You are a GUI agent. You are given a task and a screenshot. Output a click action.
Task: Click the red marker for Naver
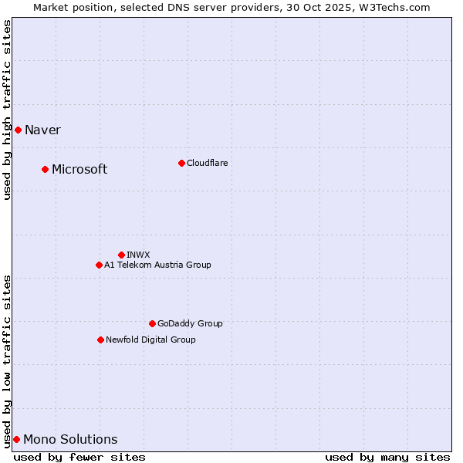[18, 130]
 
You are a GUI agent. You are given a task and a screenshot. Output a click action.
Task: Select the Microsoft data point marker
[45, 169]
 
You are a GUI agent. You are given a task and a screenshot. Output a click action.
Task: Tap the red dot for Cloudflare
[181, 163]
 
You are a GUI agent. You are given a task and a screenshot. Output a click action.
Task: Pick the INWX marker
[121, 255]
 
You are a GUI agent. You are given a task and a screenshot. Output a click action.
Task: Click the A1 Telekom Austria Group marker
[99, 265]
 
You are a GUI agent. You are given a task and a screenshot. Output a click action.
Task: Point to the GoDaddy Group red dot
[152, 323]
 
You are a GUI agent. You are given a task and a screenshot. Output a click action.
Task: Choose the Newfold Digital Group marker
[100, 340]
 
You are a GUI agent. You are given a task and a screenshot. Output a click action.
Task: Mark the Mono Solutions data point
[16, 439]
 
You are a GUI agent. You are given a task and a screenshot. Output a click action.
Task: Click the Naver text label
[42, 130]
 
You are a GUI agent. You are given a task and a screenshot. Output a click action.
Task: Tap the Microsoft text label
[79, 169]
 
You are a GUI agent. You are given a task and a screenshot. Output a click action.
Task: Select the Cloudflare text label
[207, 163]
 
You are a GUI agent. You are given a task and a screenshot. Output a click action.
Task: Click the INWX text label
[138, 255]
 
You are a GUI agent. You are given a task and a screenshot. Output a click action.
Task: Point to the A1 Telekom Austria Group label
[157, 265]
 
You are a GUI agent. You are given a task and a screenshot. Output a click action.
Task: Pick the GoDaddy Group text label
[190, 323]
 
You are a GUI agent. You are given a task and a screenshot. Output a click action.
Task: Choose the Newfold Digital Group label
[150, 340]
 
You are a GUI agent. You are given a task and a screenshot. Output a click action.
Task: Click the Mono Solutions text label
[70, 440]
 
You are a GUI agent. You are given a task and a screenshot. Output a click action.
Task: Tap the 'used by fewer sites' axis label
[79, 457]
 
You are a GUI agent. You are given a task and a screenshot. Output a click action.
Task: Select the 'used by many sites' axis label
[387, 457]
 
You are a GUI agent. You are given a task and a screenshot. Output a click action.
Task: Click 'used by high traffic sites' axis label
[7, 110]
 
